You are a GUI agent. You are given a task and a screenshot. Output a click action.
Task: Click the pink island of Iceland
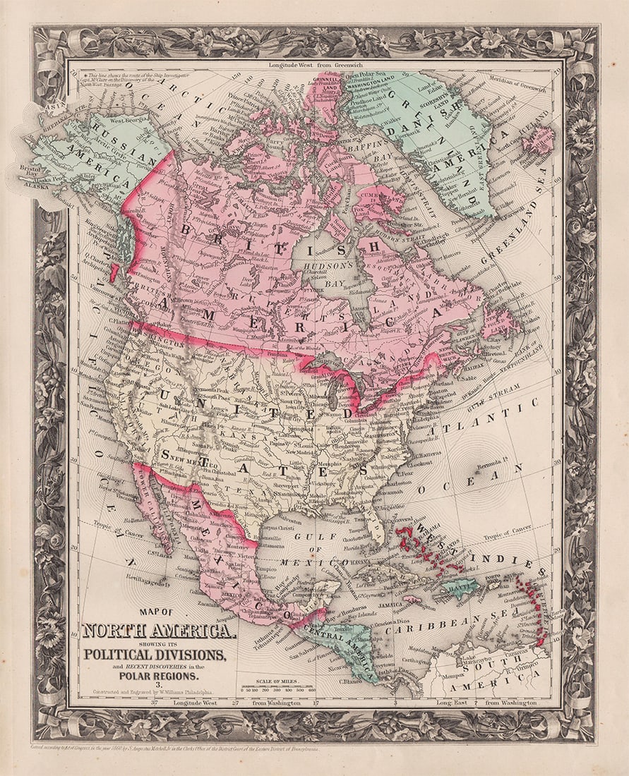coord(538,140)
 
